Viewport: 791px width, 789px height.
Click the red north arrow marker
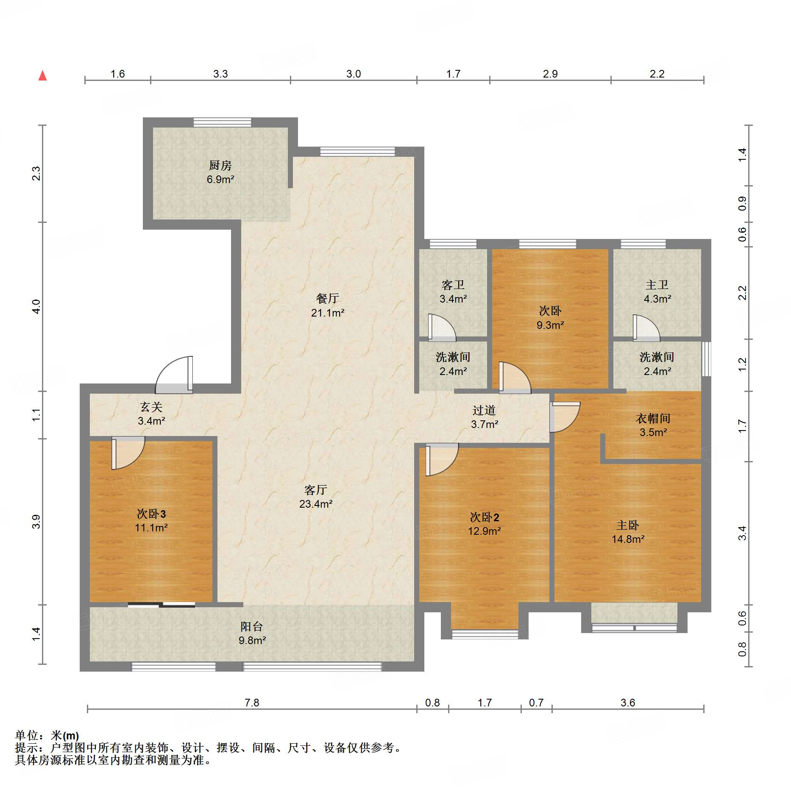pos(42,76)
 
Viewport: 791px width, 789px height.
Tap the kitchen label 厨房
pos(220,165)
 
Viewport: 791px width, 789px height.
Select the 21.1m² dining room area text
pos(327,313)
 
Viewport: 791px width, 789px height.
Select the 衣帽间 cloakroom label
pos(653,419)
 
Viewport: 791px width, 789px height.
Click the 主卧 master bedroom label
pos(627,525)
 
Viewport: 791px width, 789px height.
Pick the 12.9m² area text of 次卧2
pos(484,531)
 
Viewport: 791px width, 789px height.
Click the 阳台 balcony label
pos(252,626)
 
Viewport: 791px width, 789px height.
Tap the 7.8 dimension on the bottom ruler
pos(252,703)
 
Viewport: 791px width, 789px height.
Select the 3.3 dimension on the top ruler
pos(220,74)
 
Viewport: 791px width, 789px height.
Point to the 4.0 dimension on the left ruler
pos(36,306)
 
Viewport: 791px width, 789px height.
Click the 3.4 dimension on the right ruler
pos(742,533)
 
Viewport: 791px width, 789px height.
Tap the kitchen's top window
pos(222,122)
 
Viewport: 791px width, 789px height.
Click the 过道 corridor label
pos(484,410)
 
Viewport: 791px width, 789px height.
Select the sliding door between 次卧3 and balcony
pos(162,605)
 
